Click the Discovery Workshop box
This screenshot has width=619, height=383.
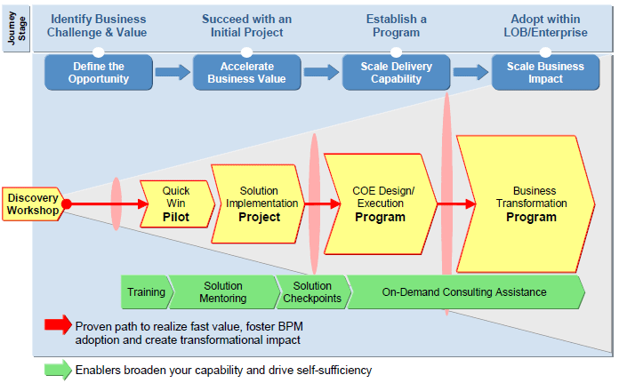coord(33,203)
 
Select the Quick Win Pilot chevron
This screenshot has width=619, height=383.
coord(177,203)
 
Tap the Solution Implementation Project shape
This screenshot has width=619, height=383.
coord(258,203)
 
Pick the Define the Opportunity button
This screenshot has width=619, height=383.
coord(99,73)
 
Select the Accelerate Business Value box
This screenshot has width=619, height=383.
coord(246,73)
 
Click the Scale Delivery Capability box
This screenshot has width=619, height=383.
coord(396,73)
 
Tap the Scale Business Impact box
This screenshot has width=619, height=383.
coord(545,73)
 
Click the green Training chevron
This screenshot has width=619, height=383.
coord(146,291)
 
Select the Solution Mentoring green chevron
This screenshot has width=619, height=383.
coord(223,291)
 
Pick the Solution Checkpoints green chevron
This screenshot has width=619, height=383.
coord(313,291)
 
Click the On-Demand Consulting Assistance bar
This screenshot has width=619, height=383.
coord(465,291)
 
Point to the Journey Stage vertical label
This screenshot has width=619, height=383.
coord(16,28)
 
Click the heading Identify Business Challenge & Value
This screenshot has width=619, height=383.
coord(97,26)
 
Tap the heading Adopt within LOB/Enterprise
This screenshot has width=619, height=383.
coord(545,26)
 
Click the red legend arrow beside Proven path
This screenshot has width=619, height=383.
coord(58,324)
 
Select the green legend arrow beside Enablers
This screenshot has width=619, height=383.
coord(58,370)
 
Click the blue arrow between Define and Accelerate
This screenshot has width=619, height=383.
coord(173,72)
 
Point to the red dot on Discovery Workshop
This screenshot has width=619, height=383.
coord(67,203)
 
